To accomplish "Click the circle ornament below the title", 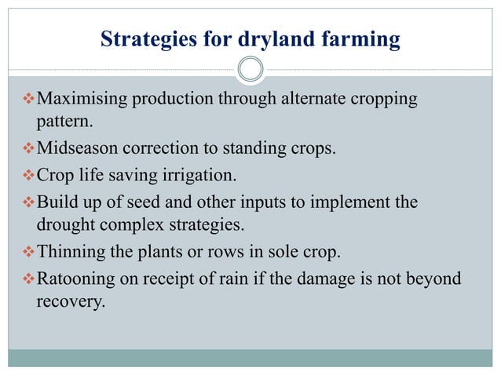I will pos(251,70).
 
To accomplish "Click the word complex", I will pos(135,224).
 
